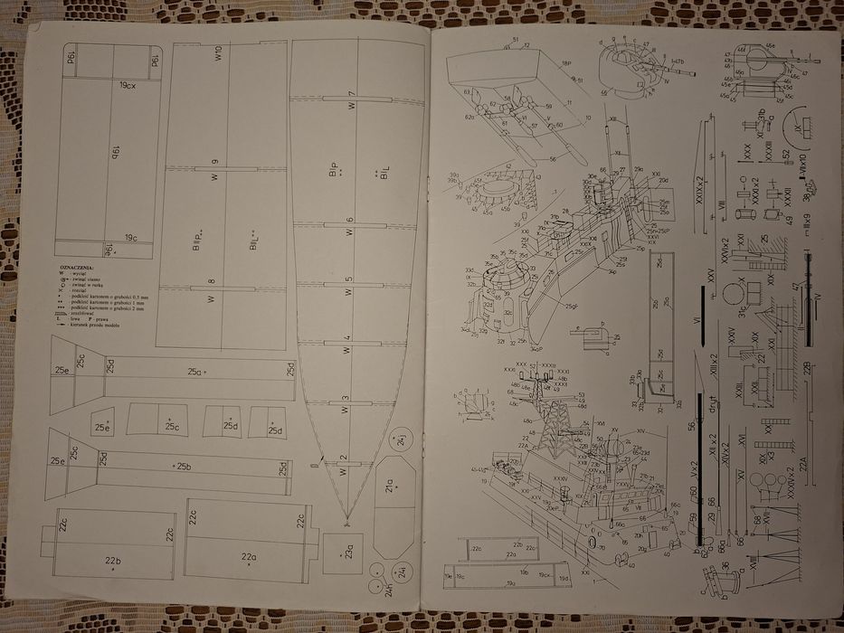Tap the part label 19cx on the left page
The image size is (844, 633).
tap(128, 85)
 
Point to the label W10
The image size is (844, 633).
tap(218, 54)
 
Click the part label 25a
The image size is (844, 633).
tap(195, 372)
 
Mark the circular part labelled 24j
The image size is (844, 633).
tap(401, 439)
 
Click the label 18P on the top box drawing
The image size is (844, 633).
tap(566, 63)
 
